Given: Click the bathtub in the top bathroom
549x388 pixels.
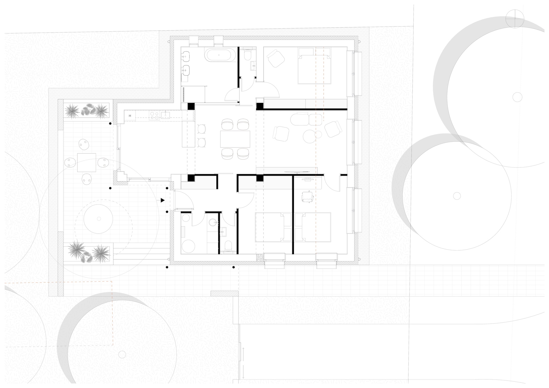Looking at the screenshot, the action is pyautogui.click(x=220, y=55).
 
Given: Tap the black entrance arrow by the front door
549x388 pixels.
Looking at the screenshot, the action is pyautogui.click(x=163, y=200).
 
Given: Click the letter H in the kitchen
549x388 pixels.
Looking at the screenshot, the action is pyautogui.click(x=130, y=116).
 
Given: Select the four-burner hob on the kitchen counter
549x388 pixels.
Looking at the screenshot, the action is pyautogui.click(x=155, y=115).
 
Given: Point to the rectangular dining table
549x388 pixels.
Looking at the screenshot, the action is pyautogui.click(x=235, y=139).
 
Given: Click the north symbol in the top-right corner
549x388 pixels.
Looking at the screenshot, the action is pyautogui.click(x=515, y=19).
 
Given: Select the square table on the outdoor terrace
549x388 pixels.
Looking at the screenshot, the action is pyautogui.click(x=86, y=162).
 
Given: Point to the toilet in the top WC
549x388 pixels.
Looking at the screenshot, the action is pyautogui.click(x=248, y=54).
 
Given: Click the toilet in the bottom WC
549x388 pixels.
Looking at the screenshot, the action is pyautogui.click(x=228, y=246).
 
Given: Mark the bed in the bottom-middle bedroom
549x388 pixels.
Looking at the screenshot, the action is pyautogui.click(x=273, y=227).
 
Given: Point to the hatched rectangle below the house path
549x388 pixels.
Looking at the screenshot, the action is pyautogui.click(x=224, y=293).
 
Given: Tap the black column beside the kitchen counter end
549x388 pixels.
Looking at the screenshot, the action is pyautogui.click(x=191, y=106).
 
